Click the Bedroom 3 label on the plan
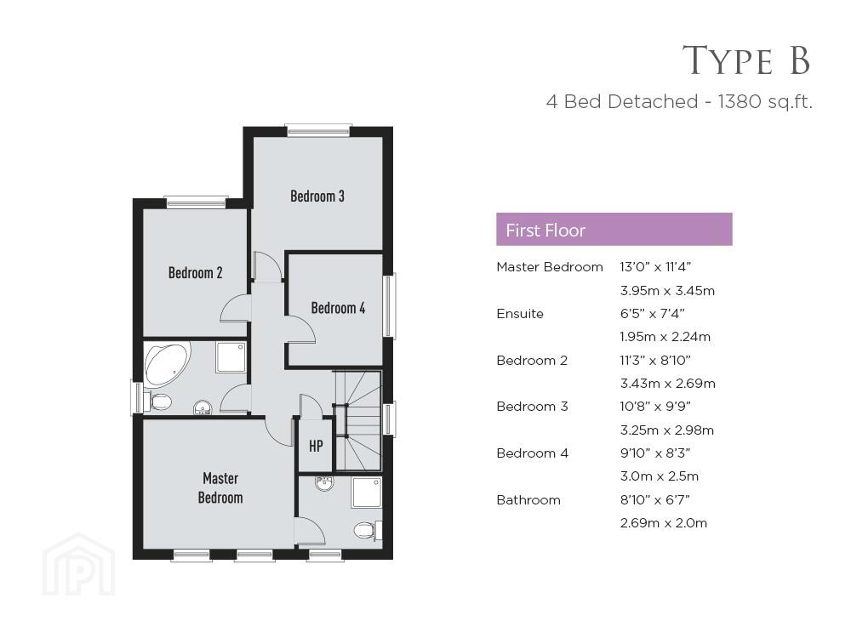pyautogui.click(x=317, y=196)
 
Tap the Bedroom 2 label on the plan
pyautogui.click(x=196, y=272)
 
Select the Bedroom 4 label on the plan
pyautogui.click(x=338, y=308)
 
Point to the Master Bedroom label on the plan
pyautogui.click(x=220, y=487)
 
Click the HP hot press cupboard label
pyautogui.click(x=316, y=446)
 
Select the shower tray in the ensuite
pyautogui.click(x=367, y=493)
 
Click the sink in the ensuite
pyautogui.click(x=324, y=483)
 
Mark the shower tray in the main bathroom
pyautogui.click(x=231, y=357)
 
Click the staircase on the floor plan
pyautogui.click(x=357, y=420)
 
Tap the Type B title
pyautogui.click(x=746, y=60)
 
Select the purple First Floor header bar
pyautogui.click(x=614, y=230)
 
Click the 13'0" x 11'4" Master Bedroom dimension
pyautogui.click(x=655, y=267)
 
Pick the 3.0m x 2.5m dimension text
pyautogui.click(x=660, y=476)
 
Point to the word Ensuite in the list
pyautogui.click(x=520, y=314)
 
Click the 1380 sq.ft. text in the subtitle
pyautogui.click(x=765, y=101)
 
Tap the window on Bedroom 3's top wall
pyautogui.click(x=318, y=130)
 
